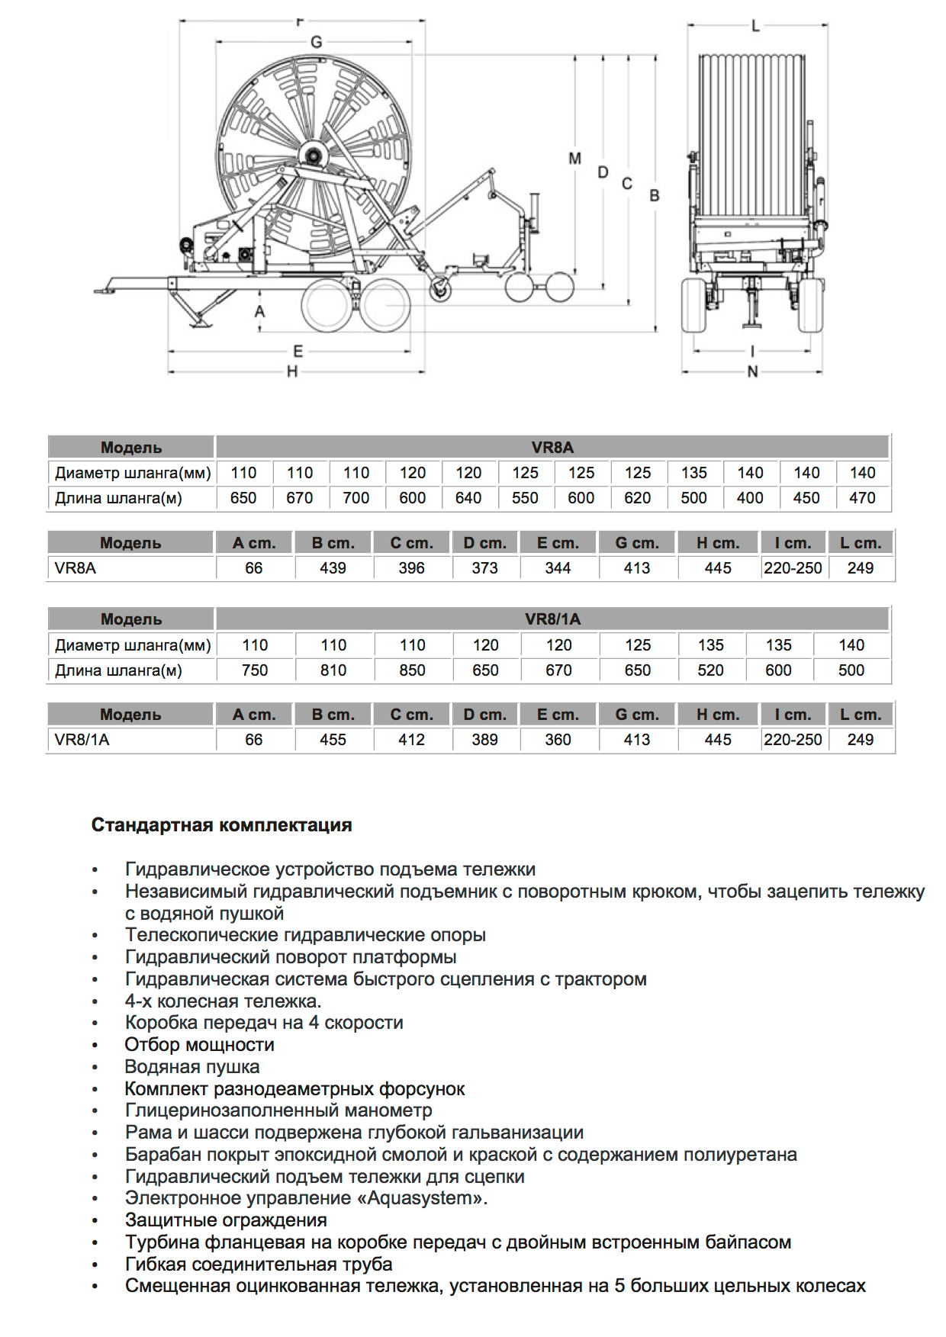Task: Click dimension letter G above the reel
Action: (x=317, y=42)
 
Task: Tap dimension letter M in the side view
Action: (x=575, y=159)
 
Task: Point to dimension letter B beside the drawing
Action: (x=655, y=196)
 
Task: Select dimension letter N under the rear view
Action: (x=753, y=371)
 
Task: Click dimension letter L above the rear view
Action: (x=756, y=26)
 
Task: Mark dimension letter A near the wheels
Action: (x=260, y=311)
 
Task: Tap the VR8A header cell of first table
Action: (x=552, y=448)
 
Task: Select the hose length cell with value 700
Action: (x=356, y=498)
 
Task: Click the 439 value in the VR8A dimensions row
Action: (x=333, y=568)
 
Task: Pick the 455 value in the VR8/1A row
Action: (x=333, y=740)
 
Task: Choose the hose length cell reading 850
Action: (x=412, y=670)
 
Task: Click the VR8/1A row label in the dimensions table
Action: (x=82, y=740)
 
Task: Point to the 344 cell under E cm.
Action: (x=558, y=568)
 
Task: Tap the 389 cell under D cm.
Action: (x=484, y=740)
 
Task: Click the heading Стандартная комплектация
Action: (x=221, y=825)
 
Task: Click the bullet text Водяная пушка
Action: (x=192, y=1067)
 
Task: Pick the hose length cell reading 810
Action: (x=333, y=670)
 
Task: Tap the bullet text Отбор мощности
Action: (x=200, y=1045)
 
